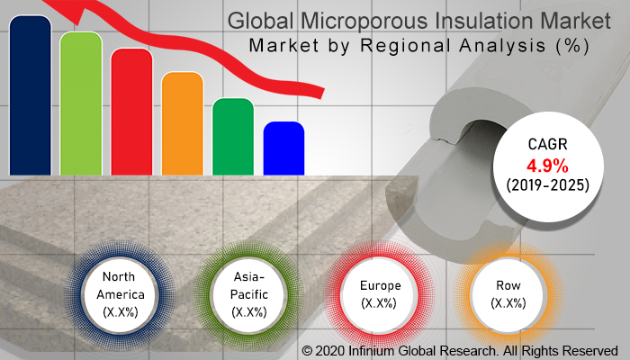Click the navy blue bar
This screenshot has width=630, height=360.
tap(30, 95)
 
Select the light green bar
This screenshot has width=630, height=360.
tap(81, 103)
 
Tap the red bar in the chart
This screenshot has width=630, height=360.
tap(131, 112)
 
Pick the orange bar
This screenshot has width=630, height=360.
tap(183, 123)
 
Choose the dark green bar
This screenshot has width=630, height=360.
tap(233, 137)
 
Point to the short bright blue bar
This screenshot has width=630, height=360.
tap(283, 148)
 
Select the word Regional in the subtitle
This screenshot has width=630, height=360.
tap(406, 46)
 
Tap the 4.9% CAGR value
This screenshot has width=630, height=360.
tap(547, 166)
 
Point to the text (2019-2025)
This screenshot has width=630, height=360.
tap(547, 185)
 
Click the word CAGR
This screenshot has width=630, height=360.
tap(547, 144)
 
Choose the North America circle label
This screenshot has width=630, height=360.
tap(120, 294)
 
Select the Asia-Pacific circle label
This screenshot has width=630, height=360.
tap(249, 294)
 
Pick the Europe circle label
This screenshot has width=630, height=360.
tap(380, 294)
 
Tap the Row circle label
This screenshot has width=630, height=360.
tap(508, 294)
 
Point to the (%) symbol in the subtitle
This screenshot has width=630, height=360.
tap(573, 46)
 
